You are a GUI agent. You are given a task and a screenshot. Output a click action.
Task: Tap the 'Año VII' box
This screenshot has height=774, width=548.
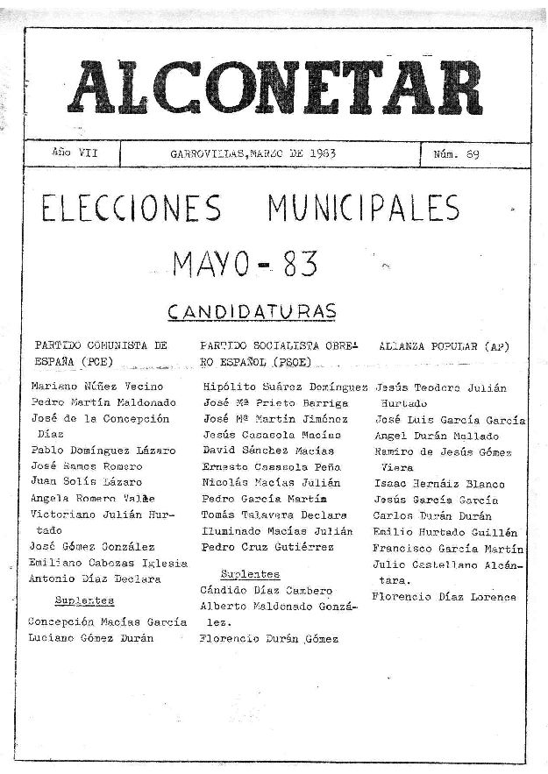click(x=74, y=153)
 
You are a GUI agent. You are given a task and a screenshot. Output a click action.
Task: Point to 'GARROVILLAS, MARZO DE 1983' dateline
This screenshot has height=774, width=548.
click(x=253, y=153)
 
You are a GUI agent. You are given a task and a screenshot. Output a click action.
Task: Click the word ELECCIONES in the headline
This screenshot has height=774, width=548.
click(x=132, y=209)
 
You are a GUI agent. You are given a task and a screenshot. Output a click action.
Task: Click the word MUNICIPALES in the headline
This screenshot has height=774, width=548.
click(x=364, y=209)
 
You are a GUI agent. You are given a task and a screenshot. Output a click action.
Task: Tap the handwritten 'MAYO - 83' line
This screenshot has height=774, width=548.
click(x=246, y=263)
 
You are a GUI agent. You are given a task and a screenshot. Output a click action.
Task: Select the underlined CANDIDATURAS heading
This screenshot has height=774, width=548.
click(x=252, y=311)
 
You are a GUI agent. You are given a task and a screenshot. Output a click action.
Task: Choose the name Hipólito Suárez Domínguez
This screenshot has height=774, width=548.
click(x=284, y=387)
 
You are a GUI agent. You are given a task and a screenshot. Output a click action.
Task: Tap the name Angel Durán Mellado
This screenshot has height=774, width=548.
click(x=436, y=435)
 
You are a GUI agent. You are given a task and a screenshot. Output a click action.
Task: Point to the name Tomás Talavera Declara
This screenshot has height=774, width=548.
click(x=274, y=515)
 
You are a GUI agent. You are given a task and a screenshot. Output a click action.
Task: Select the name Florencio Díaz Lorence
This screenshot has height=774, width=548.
click(x=444, y=597)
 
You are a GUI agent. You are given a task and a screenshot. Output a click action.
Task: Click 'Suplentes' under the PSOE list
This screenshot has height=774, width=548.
click(x=250, y=574)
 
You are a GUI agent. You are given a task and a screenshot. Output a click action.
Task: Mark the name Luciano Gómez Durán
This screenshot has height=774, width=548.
click(x=90, y=638)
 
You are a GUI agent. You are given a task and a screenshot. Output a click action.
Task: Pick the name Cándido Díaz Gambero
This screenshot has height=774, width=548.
click(x=266, y=590)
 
